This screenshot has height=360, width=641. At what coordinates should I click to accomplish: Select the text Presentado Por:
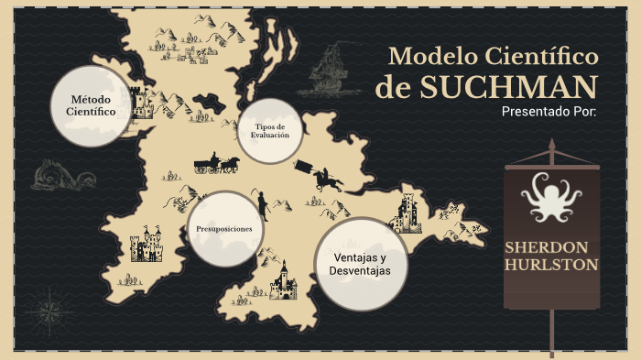point(549,112)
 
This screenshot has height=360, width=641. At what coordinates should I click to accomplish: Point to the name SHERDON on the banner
point(552,247)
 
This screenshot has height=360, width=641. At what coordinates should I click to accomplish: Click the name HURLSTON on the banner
point(552,265)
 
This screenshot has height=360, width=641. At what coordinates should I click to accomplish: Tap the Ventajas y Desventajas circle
point(361,264)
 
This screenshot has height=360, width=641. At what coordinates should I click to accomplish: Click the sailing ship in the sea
point(326,71)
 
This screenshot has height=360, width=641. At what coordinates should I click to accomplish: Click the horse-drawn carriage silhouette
point(216,164)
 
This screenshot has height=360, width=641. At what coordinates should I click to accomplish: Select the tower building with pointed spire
point(283,281)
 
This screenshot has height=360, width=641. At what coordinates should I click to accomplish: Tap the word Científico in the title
point(541,57)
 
